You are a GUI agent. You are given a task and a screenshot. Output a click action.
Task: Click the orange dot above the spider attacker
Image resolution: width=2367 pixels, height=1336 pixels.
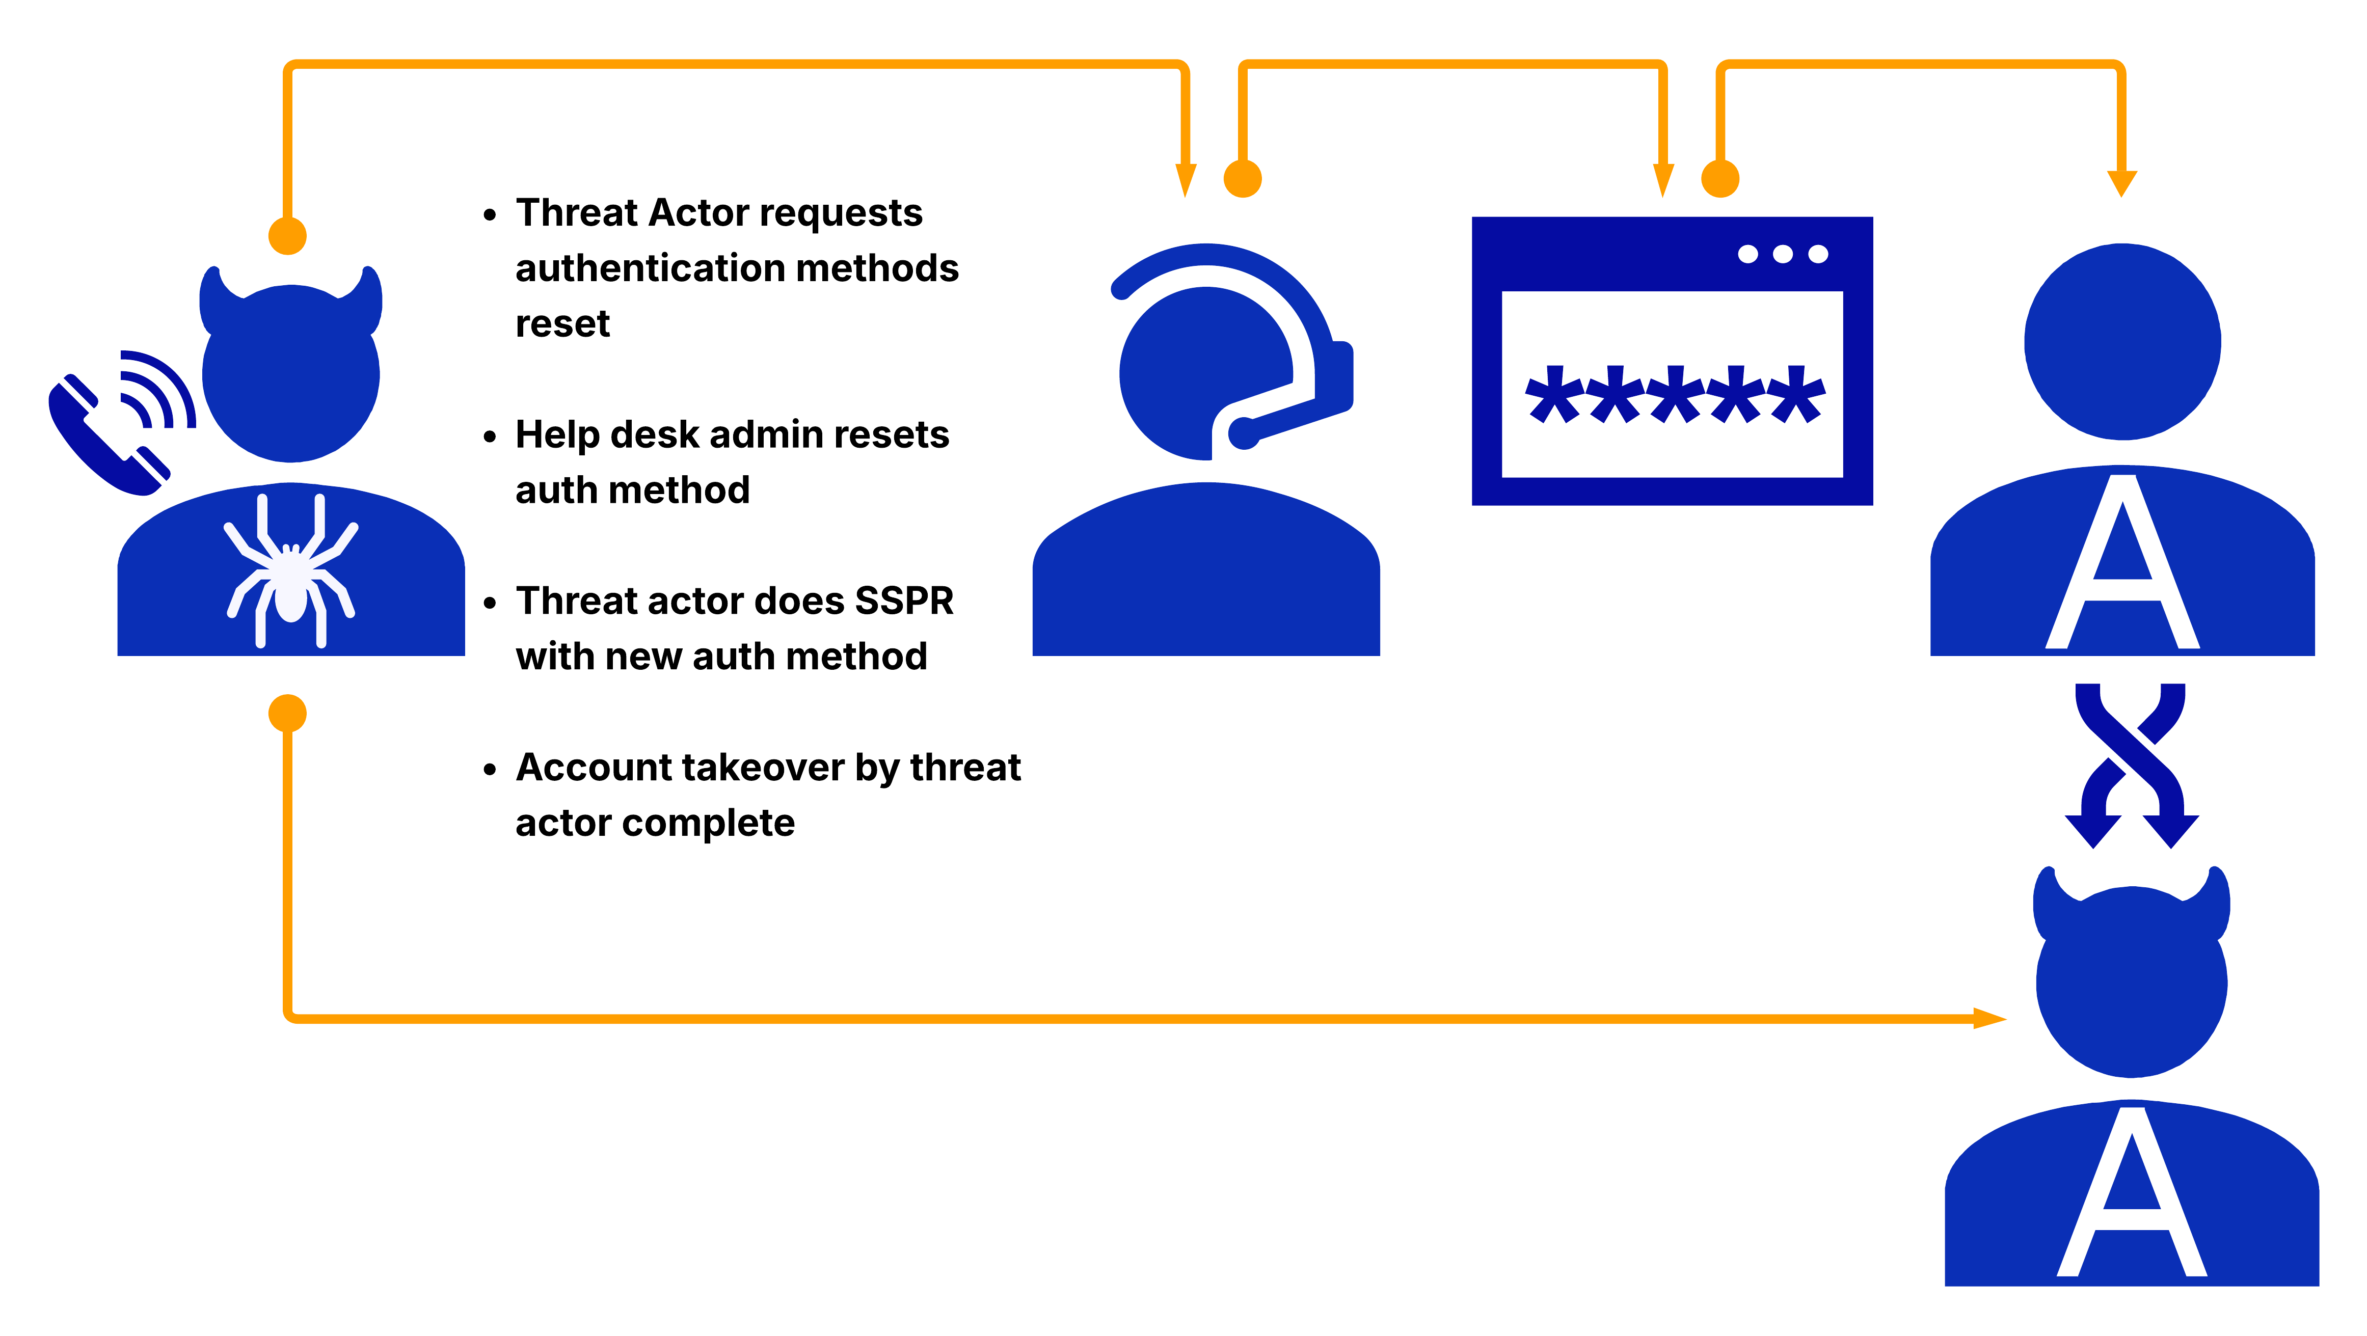[x=288, y=236]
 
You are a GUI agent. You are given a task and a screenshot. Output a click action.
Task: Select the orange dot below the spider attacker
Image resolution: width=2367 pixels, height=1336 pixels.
[x=288, y=713]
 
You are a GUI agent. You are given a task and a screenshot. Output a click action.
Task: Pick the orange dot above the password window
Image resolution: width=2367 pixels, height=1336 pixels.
[x=1720, y=178]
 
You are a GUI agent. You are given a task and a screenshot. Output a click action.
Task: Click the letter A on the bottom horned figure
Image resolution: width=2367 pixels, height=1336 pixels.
[x=2132, y=1194]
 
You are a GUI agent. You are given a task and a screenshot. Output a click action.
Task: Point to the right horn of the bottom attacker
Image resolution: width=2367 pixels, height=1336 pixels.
[x=2215, y=901]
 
